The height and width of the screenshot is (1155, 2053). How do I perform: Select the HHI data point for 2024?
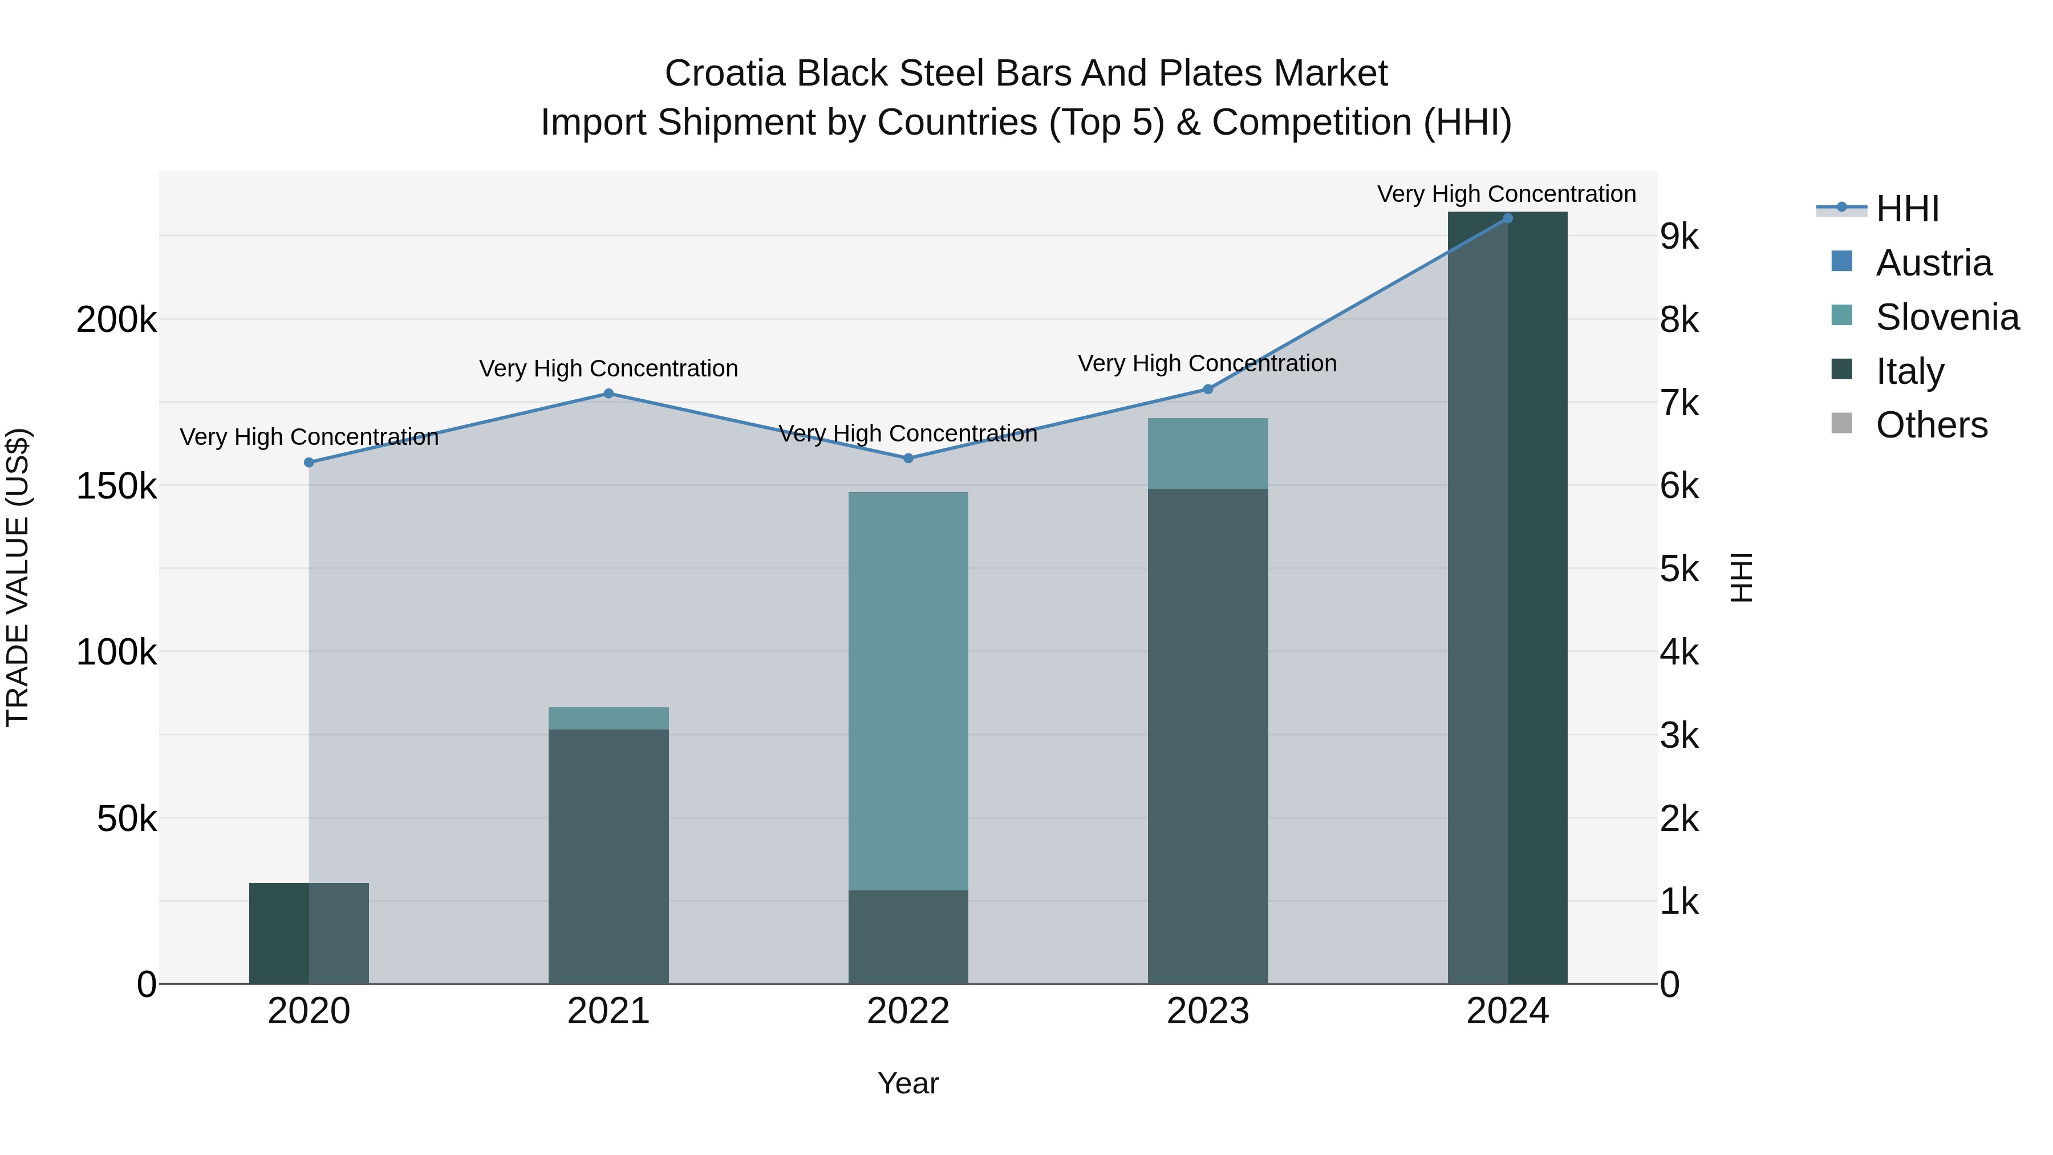(x=1507, y=218)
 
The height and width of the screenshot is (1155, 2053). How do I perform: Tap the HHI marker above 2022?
(x=908, y=459)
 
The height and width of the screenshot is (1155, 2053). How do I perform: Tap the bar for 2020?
(x=309, y=933)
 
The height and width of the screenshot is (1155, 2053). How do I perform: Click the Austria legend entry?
(x=1933, y=263)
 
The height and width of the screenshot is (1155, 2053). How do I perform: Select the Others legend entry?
(x=1931, y=425)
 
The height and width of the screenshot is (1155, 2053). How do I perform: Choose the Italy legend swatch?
(x=1842, y=370)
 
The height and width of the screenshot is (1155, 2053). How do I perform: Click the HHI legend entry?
(x=1907, y=209)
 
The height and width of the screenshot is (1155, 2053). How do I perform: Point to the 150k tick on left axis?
(x=116, y=486)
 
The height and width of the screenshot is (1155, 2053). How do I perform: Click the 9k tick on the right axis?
(x=1680, y=237)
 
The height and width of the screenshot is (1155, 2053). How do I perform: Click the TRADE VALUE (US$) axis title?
(x=18, y=577)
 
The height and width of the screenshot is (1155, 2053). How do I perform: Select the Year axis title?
(x=908, y=1083)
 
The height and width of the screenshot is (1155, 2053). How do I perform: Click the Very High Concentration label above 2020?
(x=309, y=437)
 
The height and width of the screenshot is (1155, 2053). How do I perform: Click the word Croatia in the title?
(x=725, y=74)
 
